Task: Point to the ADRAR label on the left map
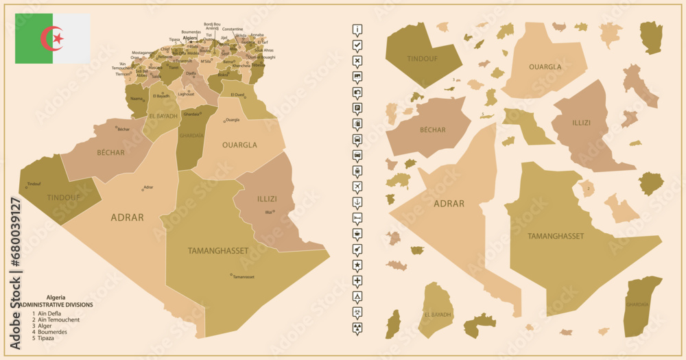tap(127, 217)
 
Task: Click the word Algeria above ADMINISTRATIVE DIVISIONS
tap(56, 297)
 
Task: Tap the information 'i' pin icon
tap(357, 29)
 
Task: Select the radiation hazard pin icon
tap(357, 328)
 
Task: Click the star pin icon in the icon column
tap(357, 265)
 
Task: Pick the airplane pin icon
tap(357, 187)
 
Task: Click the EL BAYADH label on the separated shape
tap(438, 315)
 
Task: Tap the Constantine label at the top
tap(233, 29)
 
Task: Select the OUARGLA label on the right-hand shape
tap(545, 67)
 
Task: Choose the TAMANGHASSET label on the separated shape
tap(556, 236)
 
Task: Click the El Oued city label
tap(237, 94)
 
